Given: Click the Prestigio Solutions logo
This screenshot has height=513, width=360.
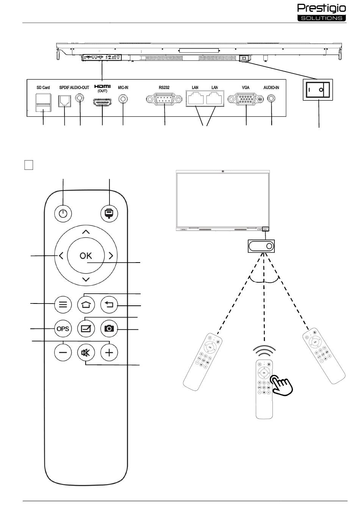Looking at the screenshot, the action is pyautogui.click(x=321, y=13).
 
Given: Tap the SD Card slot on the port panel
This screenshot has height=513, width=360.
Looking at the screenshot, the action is pyautogui.click(x=43, y=103).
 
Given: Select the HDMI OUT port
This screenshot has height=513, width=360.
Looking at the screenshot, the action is pyautogui.click(x=102, y=102).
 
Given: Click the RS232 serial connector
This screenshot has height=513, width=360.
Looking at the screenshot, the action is pyautogui.click(x=164, y=99).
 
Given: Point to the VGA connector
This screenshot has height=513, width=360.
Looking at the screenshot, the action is pyautogui.click(x=245, y=99).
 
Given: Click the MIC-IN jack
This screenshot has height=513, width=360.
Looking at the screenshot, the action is pyautogui.click(x=123, y=99).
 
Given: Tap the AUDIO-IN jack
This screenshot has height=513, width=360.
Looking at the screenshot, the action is pyautogui.click(x=271, y=99).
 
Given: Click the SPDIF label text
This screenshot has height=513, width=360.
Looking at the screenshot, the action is pyautogui.click(x=64, y=88).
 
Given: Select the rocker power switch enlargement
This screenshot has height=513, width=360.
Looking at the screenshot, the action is pyautogui.click(x=318, y=90).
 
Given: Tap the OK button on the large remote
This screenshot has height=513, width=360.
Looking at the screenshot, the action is pyautogui.click(x=86, y=255).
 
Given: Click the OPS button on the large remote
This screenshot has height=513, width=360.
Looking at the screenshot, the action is pyautogui.click(x=63, y=328).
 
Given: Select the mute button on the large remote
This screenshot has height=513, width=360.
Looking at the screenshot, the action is pyautogui.click(x=86, y=352).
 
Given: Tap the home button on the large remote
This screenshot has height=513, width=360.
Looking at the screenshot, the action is pyautogui.click(x=86, y=305).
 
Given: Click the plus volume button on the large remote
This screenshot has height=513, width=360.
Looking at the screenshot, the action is pyautogui.click(x=109, y=352).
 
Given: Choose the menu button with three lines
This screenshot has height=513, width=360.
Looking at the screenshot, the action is pyautogui.click(x=63, y=305).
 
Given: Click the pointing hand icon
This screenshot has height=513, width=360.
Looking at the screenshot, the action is pyautogui.click(x=282, y=385).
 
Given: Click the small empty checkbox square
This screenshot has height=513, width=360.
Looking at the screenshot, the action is pyautogui.click(x=29, y=165).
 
